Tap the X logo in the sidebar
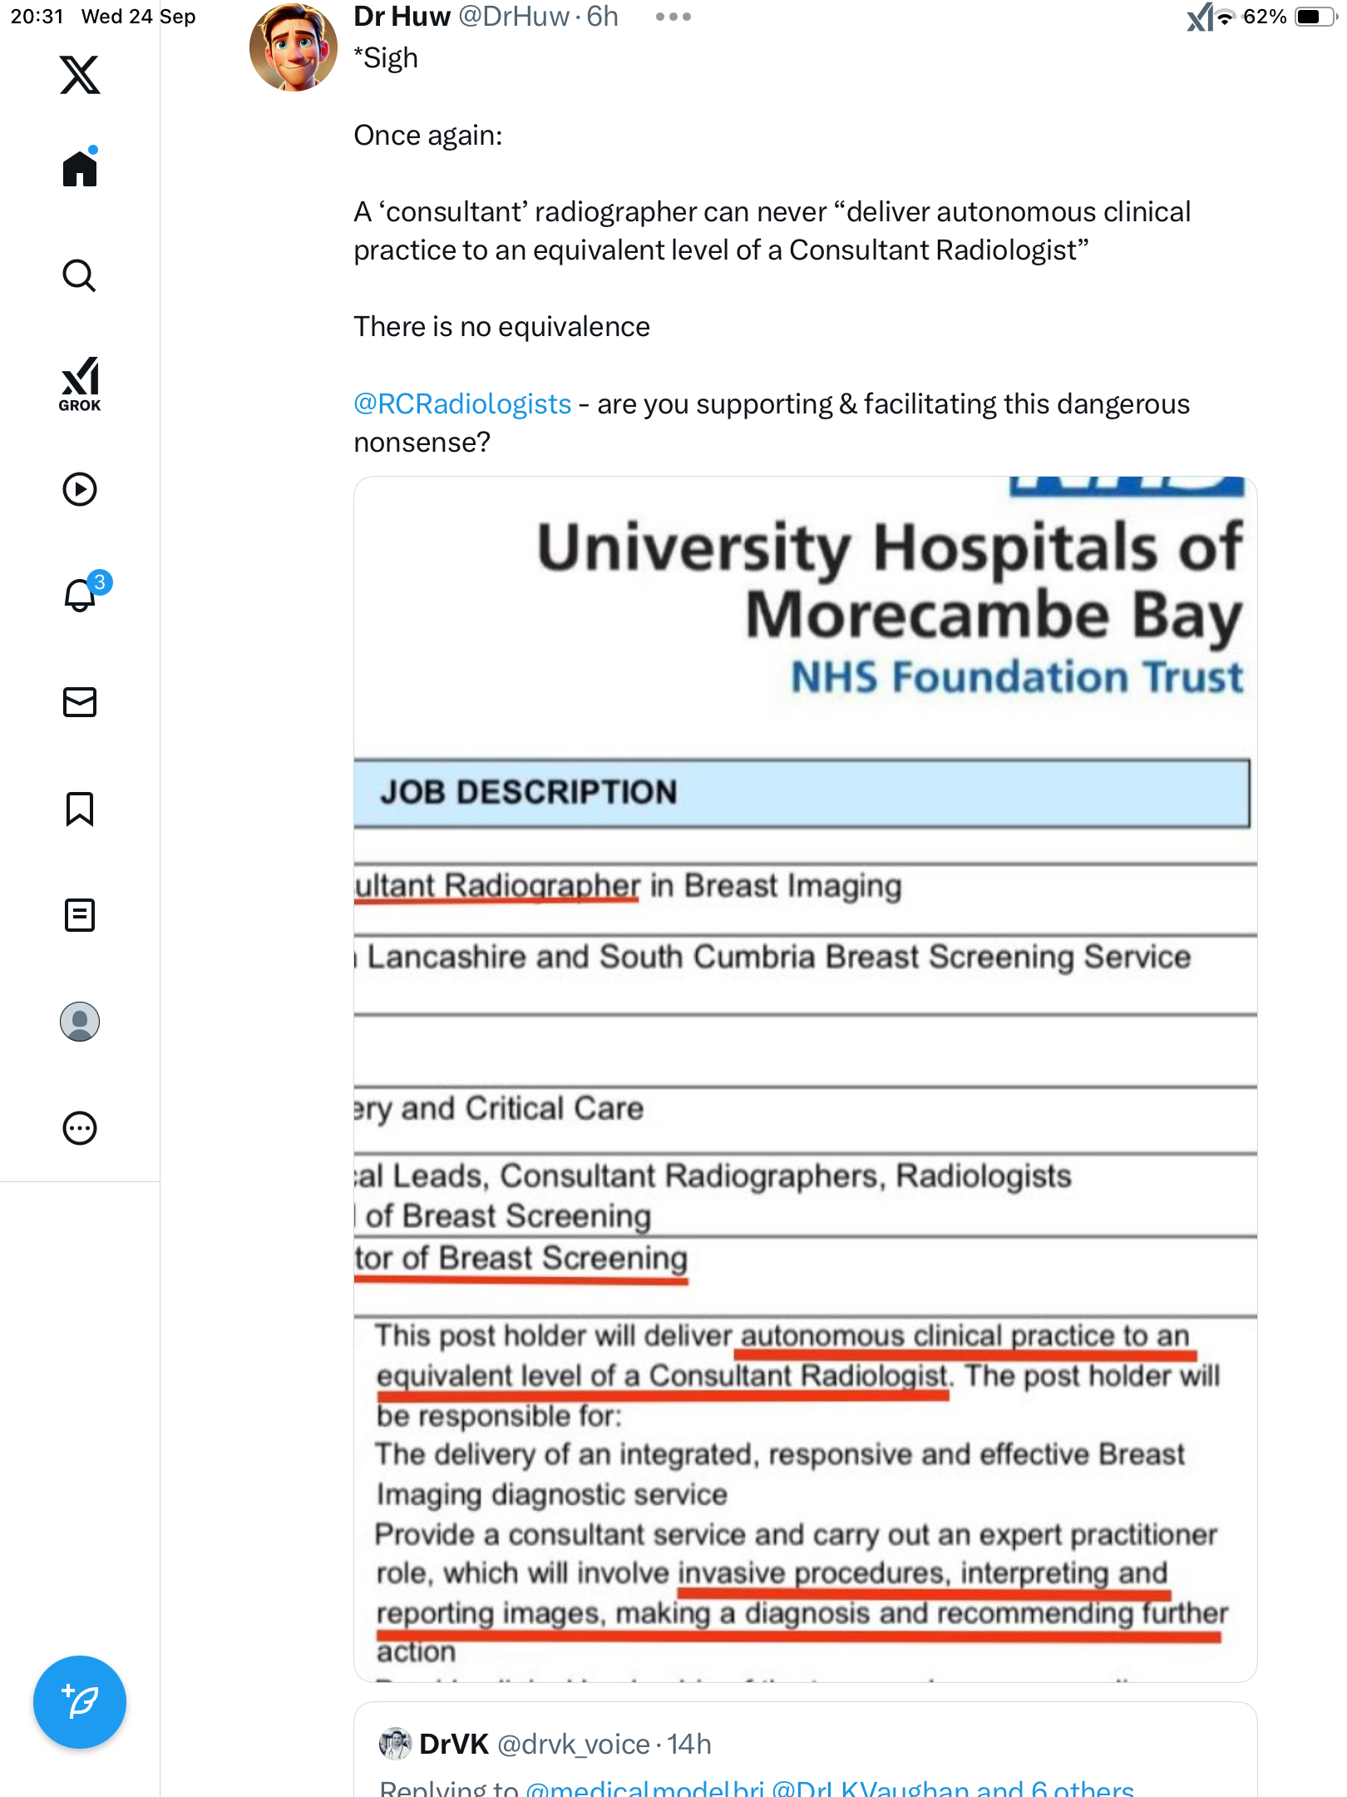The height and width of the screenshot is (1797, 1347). (80, 75)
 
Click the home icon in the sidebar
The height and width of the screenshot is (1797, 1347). (80, 169)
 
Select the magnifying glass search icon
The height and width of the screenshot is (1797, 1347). (80, 275)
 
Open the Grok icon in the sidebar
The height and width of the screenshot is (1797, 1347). (80, 384)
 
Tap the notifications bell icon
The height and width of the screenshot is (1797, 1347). (81, 595)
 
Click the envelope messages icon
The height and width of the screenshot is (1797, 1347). (80, 702)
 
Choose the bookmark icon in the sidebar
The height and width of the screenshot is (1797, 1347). (80, 809)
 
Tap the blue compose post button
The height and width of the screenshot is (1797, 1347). (80, 1702)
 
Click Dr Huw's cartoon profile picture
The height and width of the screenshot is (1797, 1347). (294, 48)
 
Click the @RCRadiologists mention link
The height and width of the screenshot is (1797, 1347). (462, 404)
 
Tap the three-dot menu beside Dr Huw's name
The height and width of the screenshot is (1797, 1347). (673, 17)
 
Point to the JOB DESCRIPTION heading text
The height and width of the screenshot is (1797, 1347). (529, 792)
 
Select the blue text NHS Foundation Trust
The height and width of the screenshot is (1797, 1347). (1016, 677)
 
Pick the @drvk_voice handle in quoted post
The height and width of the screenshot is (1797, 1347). (574, 1745)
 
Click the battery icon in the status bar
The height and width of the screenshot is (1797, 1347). (1314, 17)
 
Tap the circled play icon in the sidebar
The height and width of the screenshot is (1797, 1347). (80, 489)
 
